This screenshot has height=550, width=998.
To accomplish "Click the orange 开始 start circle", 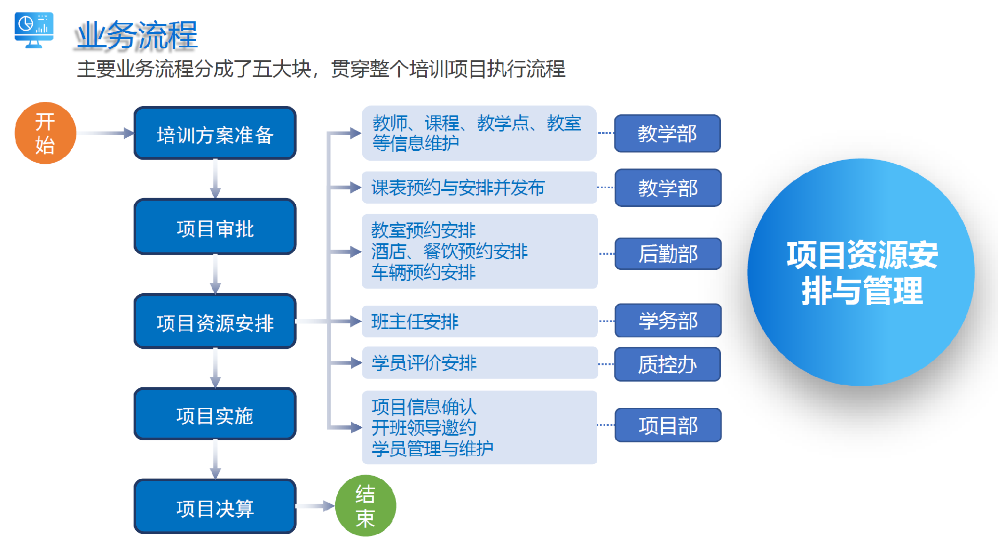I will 46,133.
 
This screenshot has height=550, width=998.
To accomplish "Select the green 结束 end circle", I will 365,505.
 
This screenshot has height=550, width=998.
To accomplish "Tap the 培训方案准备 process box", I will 215,134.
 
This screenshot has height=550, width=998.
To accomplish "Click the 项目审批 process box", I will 215,227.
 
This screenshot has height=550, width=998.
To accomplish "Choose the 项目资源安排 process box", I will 215,322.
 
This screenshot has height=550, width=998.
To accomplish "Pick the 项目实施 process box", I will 215,414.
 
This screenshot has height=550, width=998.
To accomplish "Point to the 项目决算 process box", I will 215,507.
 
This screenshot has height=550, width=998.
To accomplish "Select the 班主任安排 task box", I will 479,321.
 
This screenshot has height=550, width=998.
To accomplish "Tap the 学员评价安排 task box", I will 479,363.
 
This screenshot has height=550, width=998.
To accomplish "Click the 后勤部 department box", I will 668,254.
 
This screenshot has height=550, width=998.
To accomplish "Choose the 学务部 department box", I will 668,321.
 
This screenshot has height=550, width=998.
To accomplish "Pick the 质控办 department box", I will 667,364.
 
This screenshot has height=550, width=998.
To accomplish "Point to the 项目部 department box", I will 668,425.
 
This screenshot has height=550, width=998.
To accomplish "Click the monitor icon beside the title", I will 34,30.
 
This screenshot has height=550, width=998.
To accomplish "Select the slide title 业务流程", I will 136,35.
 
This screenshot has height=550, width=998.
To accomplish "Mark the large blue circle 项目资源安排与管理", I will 861,272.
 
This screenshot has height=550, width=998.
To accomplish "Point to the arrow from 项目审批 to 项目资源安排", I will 215,274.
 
